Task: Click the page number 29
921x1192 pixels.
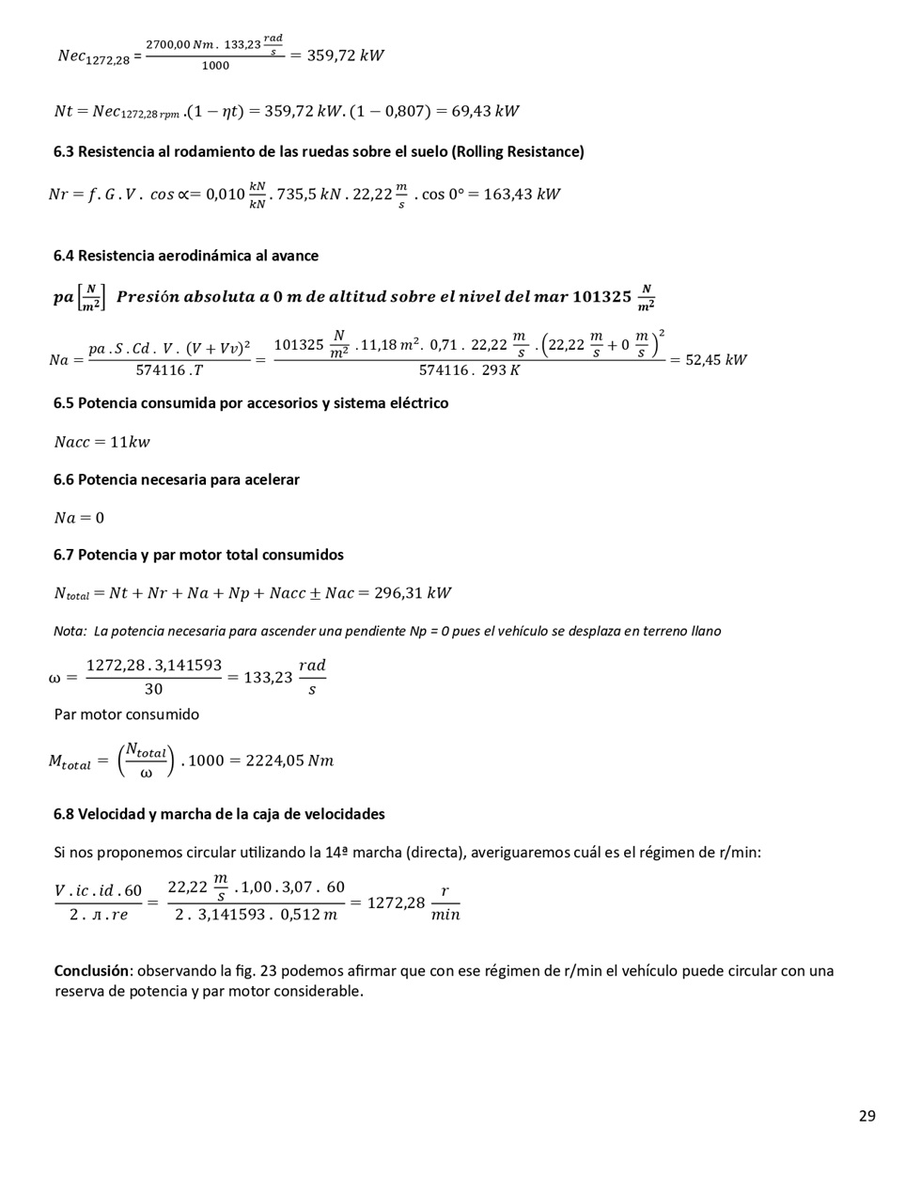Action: click(866, 1116)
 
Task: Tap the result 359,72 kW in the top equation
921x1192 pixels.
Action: click(346, 55)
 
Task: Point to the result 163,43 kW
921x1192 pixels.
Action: click(522, 195)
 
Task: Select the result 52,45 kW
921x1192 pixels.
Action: click(716, 360)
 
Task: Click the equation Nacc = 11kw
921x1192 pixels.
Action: click(101, 442)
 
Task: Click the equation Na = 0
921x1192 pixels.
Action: click(79, 518)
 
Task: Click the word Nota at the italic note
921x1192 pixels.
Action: click(70, 632)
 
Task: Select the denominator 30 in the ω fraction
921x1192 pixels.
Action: click(153, 689)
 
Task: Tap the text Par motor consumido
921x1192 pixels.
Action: click(127, 714)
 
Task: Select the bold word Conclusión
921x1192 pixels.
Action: click(90, 971)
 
